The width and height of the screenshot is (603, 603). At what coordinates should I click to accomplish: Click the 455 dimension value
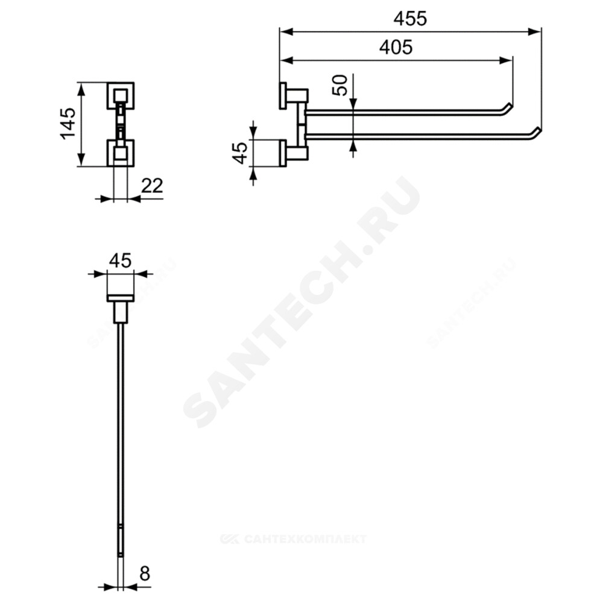[410, 18]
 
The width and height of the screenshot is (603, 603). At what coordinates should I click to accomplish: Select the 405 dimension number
[396, 47]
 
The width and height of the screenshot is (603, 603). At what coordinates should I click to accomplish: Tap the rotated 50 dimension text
[340, 85]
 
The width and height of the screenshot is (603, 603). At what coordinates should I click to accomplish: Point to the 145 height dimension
[68, 123]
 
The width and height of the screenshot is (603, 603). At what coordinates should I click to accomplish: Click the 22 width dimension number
[153, 186]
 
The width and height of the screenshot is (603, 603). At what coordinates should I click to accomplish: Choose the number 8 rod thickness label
[144, 574]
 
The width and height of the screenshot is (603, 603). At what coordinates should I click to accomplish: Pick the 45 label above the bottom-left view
[121, 260]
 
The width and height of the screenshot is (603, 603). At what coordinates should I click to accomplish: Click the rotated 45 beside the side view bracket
[241, 153]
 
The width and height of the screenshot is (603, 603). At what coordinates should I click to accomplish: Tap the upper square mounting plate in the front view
[121, 95]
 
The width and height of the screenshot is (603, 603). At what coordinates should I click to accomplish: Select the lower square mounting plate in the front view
[121, 153]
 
